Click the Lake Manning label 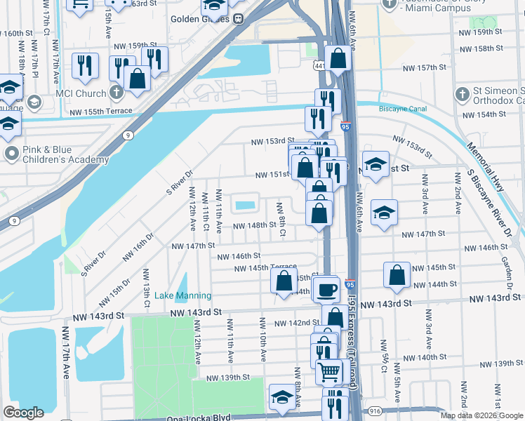click(x=182, y=295)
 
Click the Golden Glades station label click(x=201, y=19)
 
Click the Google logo click(x=23, y=413)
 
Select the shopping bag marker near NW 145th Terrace click(x=284, y=281)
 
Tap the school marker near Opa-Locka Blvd click(x=281, y=397)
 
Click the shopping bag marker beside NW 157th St click(x=338, y=60)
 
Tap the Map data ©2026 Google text click(x=481, y=415)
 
